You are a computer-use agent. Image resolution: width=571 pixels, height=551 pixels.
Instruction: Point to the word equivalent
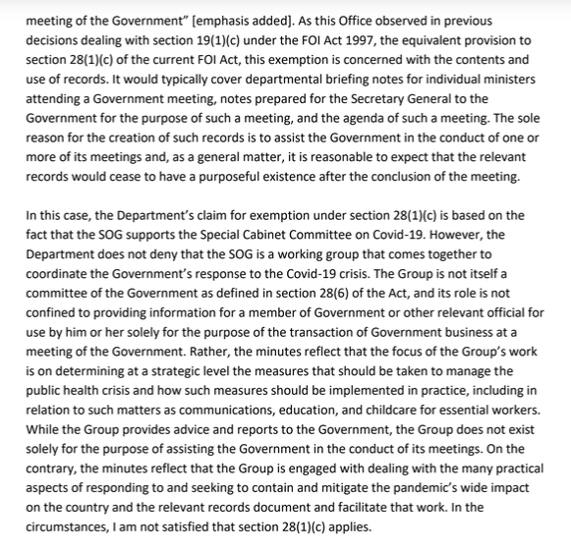point(427,39)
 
